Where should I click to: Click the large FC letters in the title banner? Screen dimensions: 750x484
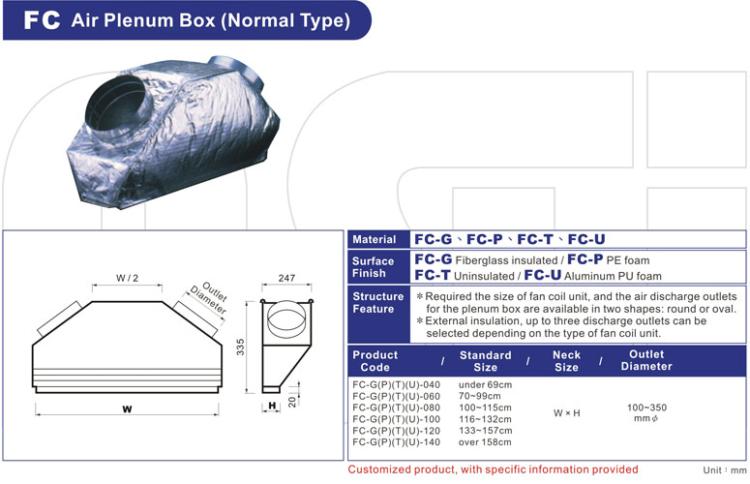pyautogui.click(x=42, y=20)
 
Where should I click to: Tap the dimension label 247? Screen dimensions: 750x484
pyautogui.click(x=286, y=278)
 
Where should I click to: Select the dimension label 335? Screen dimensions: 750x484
pyautogui.click(x=240, y=347)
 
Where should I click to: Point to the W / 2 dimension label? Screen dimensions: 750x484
pyautogui.click(x=127, y=278)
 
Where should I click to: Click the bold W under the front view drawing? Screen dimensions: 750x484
pyautogui.click(x=127, y=408)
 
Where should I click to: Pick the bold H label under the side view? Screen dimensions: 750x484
pyautogui.click(x=272, y=406)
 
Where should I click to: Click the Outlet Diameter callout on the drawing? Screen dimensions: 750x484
pyautogui.click(x=208, y=298)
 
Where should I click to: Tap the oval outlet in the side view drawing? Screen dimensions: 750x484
pyautogui.click(x=286, y=318)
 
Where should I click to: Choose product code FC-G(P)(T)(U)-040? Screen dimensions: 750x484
pyautogui.click(x=396, y=384)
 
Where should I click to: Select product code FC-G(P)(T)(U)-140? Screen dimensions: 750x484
pyautogui.click(x=396, y=442)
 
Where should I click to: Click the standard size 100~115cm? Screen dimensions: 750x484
pyautogui.click(x=485, y=408)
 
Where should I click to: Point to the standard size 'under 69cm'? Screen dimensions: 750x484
pyautogui.click(x=485, y=384)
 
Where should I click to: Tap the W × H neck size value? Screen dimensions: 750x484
pyautogui.click(x=567, y=413)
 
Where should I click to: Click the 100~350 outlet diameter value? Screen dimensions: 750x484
pyautogui.click(x=646, y=408)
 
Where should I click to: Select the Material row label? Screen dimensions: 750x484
pyautogui.click(x=375, y=240)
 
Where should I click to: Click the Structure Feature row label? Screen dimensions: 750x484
pyautogui.click(x=377, y=303)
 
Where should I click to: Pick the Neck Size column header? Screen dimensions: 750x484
pyautogui.click(x=566, y=361)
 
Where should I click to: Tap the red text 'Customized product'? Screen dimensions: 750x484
pyautogui.click(x=403, y=469)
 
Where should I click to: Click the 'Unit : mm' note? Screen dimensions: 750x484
pyautogui.click(x=724, y=470)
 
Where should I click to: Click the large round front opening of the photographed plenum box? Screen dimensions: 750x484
pyautogui.click(x=116, y=107)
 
